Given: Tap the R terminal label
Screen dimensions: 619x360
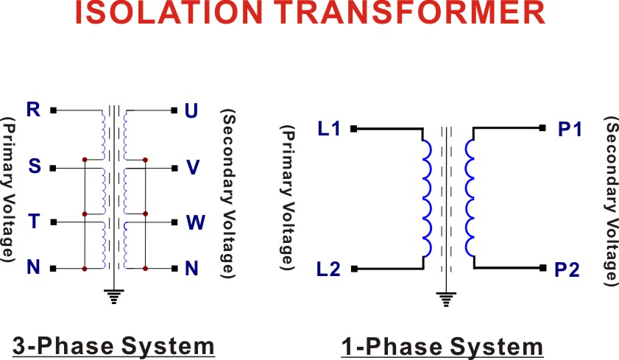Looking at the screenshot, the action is (x=34, y=110).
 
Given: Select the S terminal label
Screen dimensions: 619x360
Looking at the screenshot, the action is (x=35, y=166).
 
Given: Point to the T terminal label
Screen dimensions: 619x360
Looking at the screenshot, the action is (x=35, y=221).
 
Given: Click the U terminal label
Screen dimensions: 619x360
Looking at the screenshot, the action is (x=191, y=111).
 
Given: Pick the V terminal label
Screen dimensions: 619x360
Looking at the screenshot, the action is (x=193, y=167).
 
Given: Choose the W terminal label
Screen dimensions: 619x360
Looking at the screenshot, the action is (x=196, y=222).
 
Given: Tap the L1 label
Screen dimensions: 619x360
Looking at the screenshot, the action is (x=329, y=129).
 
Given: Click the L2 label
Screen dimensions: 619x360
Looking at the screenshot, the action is (x=328, y=269).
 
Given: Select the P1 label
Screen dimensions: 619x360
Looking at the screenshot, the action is (x=570, y=129).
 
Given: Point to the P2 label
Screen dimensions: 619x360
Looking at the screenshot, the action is (x=567, y=270).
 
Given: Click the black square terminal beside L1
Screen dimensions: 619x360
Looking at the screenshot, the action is (x=354, y=129).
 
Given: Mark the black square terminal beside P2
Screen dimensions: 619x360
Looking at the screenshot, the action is (x=542, y=268).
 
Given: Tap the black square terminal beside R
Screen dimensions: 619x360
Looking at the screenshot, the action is (x=54, y=110).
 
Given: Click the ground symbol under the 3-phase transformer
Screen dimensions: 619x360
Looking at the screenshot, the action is (x=114, y=297).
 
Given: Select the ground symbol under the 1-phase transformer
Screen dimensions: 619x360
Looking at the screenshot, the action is (x=446, y=299).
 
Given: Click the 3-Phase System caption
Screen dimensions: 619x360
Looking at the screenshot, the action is (x=113, y=346).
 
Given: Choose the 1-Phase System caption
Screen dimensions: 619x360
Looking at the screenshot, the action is (x=442, y=347).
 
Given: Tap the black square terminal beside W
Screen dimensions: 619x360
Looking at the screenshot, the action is (x=174, y=222).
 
